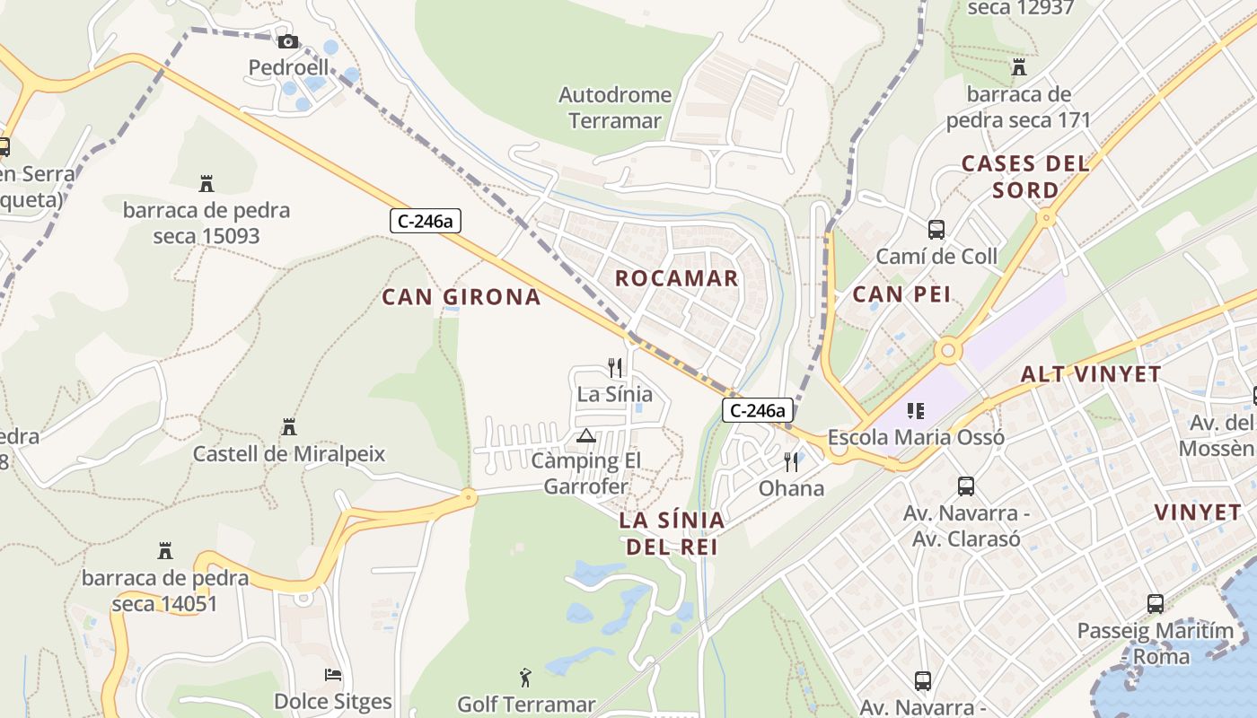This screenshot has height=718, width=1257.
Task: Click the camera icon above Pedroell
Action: tap(287, 41)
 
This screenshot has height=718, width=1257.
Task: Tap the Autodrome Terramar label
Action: tap(615, 108)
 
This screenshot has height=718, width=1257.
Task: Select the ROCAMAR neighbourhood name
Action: tap(676, 278)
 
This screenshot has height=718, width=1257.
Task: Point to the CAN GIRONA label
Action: tap(461, 297)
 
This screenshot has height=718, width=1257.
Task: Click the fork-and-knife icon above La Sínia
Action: tap(615, 367)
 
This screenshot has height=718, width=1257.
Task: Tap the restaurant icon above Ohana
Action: tap(791, 461)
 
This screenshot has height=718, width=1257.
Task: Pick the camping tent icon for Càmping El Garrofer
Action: tap(586, 436)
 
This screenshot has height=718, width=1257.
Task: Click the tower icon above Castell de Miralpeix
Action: tap(289, 427)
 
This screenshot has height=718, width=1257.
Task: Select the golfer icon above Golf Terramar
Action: tap(526, 678)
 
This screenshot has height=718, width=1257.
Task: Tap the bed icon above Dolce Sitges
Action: tap(333, 675)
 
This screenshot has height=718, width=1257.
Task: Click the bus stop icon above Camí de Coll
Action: tap(936, 230)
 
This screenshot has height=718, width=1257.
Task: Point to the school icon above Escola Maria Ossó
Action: tap(916, 411)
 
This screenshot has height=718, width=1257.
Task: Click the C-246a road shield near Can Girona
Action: tap(426, 221)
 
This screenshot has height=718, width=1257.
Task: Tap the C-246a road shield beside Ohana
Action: tap(758, 411)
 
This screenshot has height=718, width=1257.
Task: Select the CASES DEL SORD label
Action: tap(1025, 177)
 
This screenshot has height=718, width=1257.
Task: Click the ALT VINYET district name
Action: tap(1091, 374)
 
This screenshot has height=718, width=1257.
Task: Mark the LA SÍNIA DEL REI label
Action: tap(672, 533)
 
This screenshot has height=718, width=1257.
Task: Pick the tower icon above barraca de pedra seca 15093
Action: tap(207, 184)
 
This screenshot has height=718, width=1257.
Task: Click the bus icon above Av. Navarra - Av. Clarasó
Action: tap(966, 486)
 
